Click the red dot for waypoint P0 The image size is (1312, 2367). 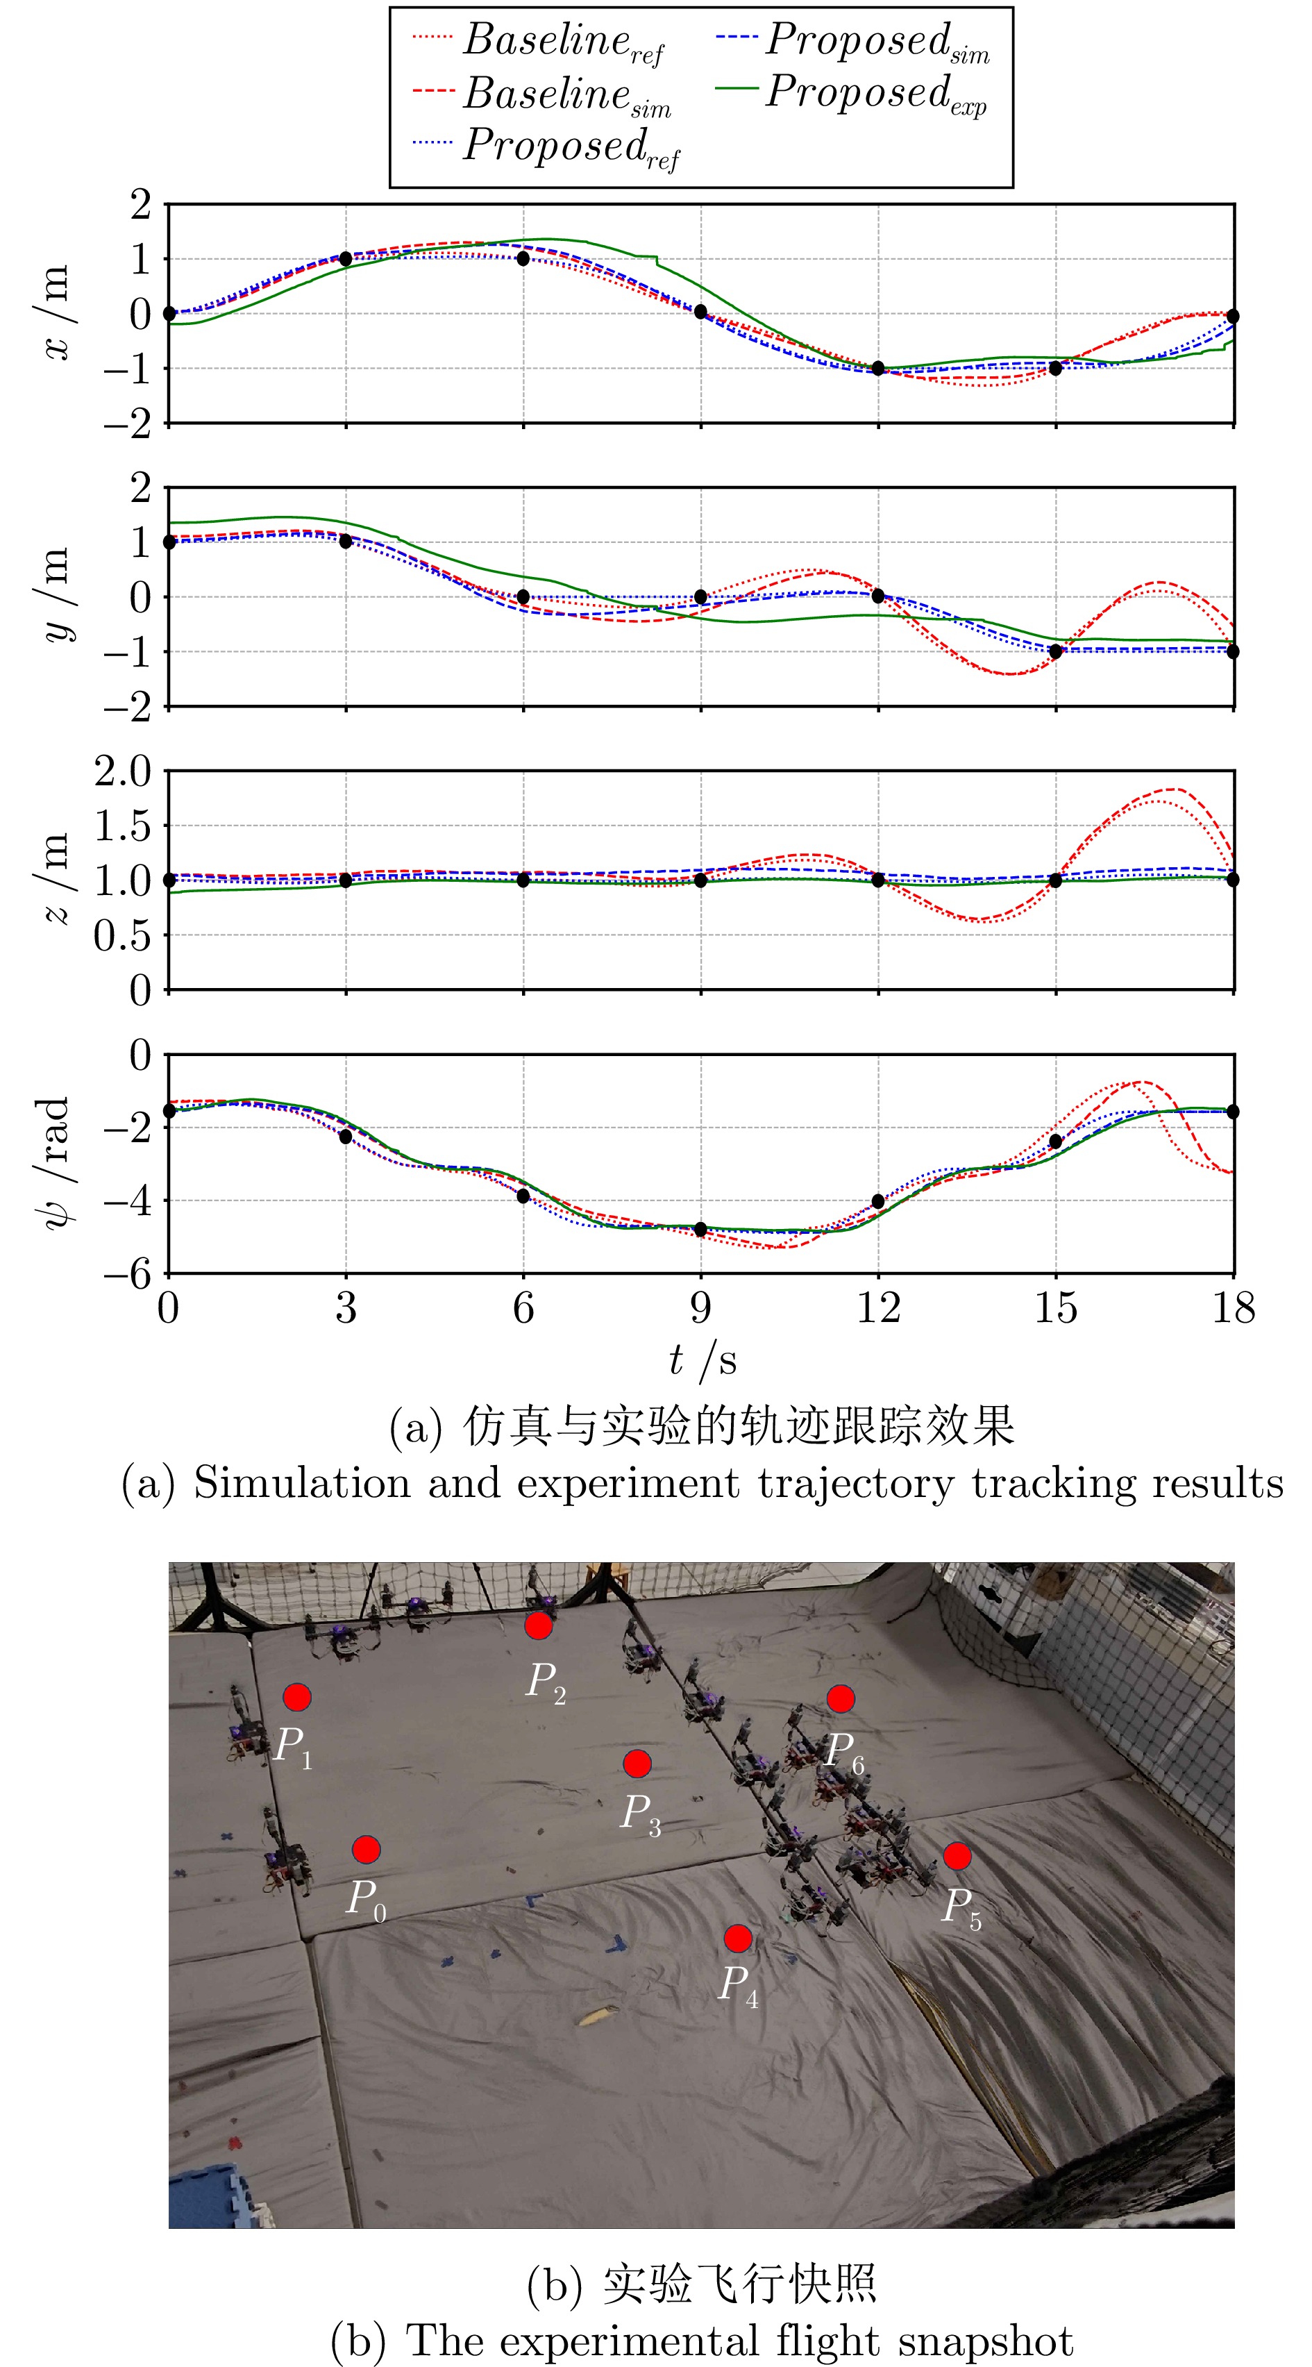tap(367, 1849)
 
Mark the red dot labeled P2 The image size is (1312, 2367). tap(539, 1625)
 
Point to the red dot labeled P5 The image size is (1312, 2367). tap(957, 1856)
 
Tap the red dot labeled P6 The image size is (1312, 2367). tap(841, 1699)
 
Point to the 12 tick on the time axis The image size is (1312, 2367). tap(878, 1308)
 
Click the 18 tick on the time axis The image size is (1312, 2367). tap(1233, 1308)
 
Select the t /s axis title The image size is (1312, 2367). tap(703, 1361)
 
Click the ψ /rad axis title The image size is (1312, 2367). tap(55, 1162)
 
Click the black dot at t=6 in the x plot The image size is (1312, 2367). tap(523, 259)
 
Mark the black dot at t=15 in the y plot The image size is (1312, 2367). tap(1056, 651)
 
